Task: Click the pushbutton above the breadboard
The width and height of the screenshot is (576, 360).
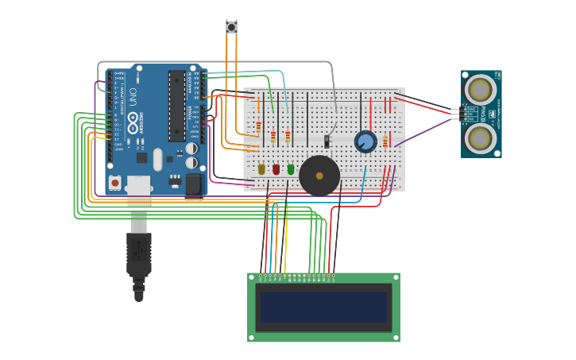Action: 231,27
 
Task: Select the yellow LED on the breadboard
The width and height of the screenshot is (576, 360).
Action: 261,168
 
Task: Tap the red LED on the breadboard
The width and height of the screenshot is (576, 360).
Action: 276,168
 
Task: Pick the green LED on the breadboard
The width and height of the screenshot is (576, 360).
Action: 291,168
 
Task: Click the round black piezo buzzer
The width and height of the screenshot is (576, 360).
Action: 319,176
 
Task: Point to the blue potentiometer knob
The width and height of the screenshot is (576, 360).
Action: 365,141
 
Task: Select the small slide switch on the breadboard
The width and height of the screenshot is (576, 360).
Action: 327,141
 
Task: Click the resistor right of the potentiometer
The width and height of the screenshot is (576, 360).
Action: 385,141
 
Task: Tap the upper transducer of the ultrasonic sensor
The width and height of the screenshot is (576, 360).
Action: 480,88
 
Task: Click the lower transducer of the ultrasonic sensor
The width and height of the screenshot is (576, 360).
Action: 480,138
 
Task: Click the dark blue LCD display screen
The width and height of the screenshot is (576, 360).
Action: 323,307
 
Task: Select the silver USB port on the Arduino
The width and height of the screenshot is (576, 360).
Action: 138,186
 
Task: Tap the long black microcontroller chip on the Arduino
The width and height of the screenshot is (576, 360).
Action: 176,106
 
